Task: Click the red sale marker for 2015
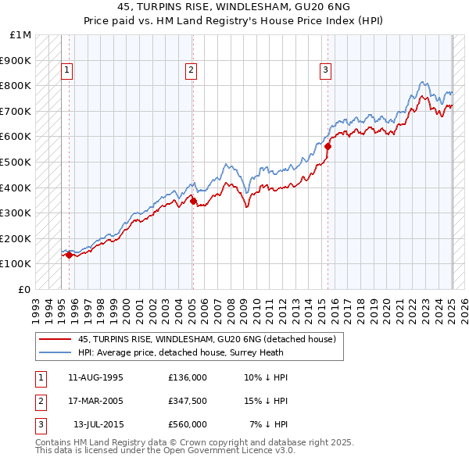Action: (328, 145)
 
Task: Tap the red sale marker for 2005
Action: (193, 201)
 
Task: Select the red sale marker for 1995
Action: (69, 254)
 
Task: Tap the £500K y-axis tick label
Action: (16, 162)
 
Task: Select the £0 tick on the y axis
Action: (25, 289)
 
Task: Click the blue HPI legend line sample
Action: (54, 352)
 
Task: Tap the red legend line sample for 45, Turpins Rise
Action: (54, 339)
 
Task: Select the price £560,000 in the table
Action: (187, 424)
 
